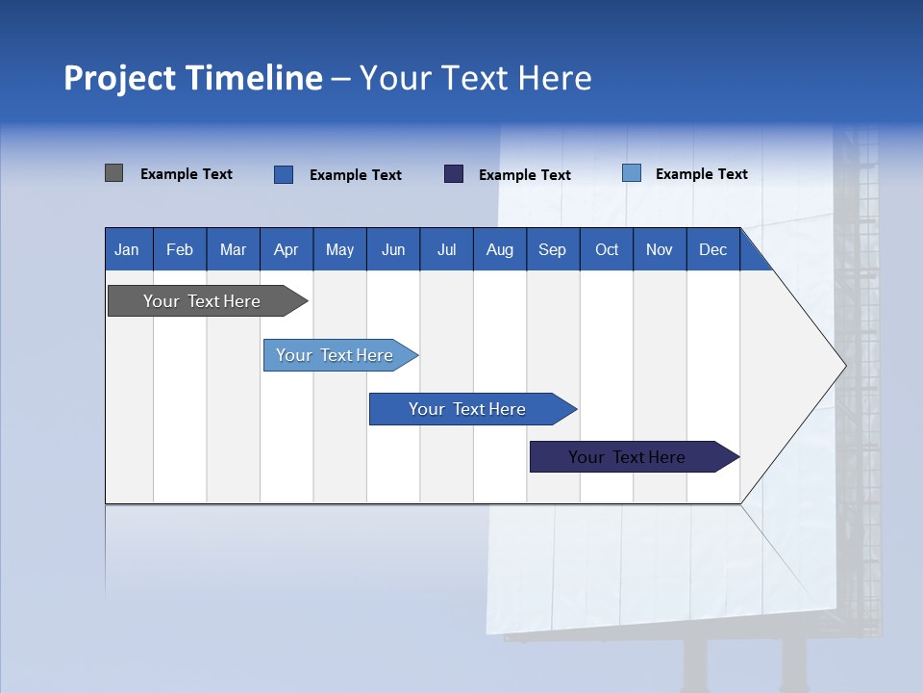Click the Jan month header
[x=127, y=250]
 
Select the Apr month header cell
[x=287, y=250]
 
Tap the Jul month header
[x=446, y=250]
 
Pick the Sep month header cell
[x=552, y=250]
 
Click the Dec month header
[x=712, y=250]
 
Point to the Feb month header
[x=180, y=250]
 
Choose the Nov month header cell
[x=660, y=250]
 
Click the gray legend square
[x=113, y=173]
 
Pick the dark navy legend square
[x=454, y=174]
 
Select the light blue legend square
[x=632, y=173]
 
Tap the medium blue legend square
[x=284, y=174]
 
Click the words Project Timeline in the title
[x=192, y=78]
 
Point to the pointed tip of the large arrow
[x=844, y=366]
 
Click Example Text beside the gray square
[x=187, y=174]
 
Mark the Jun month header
[x=393, y=250]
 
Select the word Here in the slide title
[x=555, y=78]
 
